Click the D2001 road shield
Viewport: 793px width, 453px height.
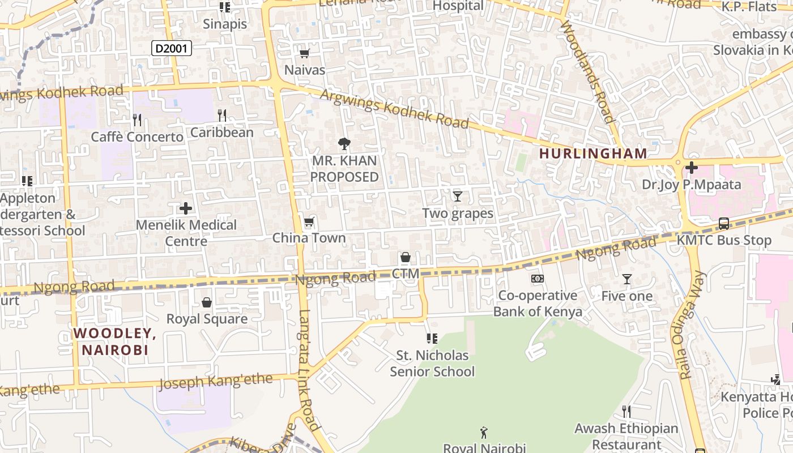pos(172,49)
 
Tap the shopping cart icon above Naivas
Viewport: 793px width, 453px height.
pos(304,54)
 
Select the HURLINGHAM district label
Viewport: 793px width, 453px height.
pos(592,153)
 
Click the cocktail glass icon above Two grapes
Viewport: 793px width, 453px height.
pos(458,196)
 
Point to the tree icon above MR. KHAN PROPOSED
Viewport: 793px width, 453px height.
pos(343,144)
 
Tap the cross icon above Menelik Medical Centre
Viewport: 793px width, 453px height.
pos(186,208)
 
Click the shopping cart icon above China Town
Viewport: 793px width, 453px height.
pos(309,221)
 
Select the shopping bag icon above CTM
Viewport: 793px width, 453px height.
pos(406,258)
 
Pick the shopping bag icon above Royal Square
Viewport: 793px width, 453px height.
pos(207,302)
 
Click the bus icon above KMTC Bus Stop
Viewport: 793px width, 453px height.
pos(724,224)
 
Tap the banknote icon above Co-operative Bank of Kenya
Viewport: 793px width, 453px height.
pos(538,279)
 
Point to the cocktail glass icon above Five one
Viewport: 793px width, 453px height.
pos(626,279)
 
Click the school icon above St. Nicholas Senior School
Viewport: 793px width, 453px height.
pos(432,339)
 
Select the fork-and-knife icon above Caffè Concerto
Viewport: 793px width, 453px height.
pos(137,119)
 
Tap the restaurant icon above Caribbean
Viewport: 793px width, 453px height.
pos(222,116)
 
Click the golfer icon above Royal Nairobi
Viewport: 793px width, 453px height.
pos(484,433)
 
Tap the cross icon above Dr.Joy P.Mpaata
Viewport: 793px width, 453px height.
pos(691,168)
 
